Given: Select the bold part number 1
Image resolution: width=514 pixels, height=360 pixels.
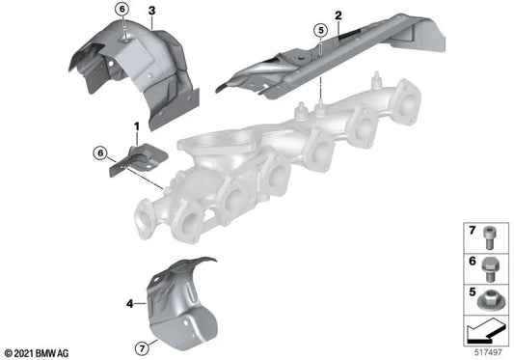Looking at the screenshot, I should (137, 126).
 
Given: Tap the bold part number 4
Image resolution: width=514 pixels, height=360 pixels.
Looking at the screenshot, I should (128, 305).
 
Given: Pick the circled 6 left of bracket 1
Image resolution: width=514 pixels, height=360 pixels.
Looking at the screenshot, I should (100, 152).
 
